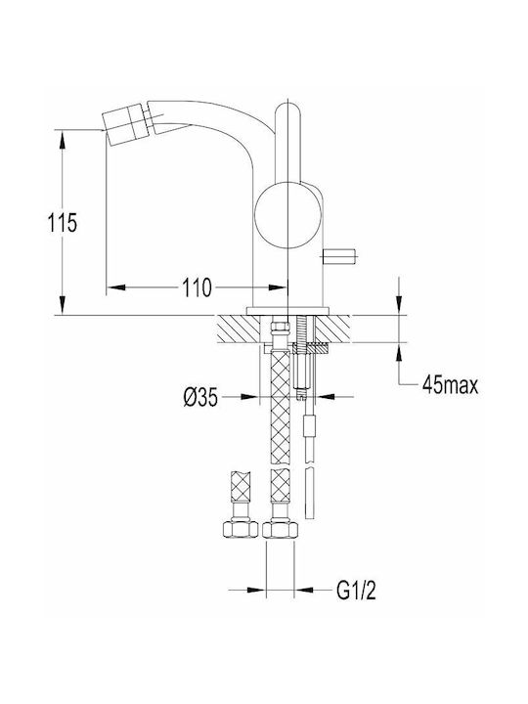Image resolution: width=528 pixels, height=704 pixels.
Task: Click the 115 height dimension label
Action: (63, 223)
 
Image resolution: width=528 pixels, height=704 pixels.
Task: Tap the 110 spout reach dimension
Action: (197, 287)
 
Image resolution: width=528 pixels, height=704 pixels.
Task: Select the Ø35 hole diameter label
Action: (200, 397)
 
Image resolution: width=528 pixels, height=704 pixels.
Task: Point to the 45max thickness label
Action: (450, 385)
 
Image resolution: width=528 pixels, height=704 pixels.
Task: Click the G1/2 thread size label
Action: (356, 590)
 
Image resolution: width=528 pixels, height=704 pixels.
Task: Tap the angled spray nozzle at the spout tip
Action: (126, 121)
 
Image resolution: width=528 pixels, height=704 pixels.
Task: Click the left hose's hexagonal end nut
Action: (242, 529)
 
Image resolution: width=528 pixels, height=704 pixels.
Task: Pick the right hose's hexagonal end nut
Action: (281, 529)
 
